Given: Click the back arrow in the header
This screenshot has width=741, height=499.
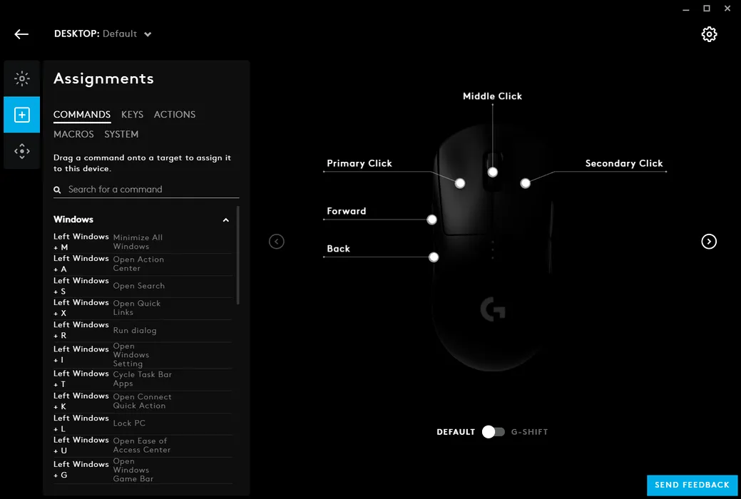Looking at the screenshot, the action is click(x=21, y=34).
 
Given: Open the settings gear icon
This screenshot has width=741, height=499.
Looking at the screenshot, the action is click(x=709, y=34).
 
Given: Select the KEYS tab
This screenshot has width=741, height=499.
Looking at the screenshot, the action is click(x=132, y=114).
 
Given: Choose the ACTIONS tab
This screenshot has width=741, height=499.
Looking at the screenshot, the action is click(x=175, y=114).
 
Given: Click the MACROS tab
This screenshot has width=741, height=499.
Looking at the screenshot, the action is click(x=73, y=134).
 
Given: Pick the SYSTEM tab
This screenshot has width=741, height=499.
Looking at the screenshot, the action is click(x=121, y=134).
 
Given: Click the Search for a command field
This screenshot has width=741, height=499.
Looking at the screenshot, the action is click(x=146, y=190).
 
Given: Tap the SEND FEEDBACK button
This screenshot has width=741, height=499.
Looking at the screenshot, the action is click(x=692, y=485).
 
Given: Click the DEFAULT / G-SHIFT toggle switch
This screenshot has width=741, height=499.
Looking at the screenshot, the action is click(x=493, y=432).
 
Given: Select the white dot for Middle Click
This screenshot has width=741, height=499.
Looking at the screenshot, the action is click(x=492, y=172).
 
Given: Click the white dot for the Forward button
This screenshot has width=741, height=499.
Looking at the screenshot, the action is click(x=431, y=220).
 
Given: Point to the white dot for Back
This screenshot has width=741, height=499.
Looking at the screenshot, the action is click(x=434, y=257).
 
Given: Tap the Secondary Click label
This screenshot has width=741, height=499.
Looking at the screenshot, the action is click(x=624, y=163).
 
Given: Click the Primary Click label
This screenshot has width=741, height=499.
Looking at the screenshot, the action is click(x=359, y=163).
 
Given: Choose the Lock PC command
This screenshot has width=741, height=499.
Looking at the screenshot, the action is click(x=129, y=423).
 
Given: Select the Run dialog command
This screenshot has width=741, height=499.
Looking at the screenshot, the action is click(x=135, y=330).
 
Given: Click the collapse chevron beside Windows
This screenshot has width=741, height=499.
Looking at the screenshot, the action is click(x=226, y=220).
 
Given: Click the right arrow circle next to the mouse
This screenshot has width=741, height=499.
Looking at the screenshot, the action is click(x=708, y=242).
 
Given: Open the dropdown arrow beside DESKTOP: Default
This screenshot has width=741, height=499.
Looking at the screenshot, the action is click(x=148, y=34).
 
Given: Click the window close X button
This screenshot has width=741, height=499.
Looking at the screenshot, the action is click(x=727, y=9).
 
